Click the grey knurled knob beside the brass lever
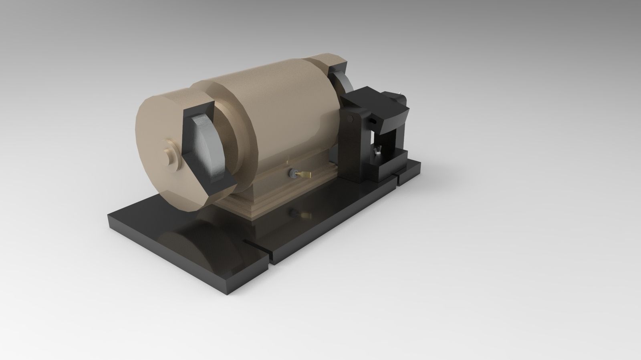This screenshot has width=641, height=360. pos(293,173)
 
